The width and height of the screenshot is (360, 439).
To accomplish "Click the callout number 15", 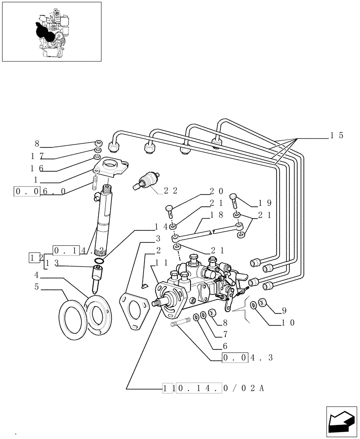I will point(337,136).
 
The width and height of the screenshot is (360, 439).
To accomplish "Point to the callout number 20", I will point(217,191).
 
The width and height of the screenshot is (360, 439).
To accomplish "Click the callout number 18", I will point(217,215).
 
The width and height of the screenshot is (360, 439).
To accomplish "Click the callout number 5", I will point(37,288).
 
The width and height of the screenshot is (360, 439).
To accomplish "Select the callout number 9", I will point(284,310).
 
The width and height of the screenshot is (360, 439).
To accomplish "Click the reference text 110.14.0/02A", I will point(213,388).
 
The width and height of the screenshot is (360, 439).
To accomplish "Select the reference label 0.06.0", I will point(40,192).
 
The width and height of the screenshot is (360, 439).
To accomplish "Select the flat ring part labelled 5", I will point(71,319).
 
